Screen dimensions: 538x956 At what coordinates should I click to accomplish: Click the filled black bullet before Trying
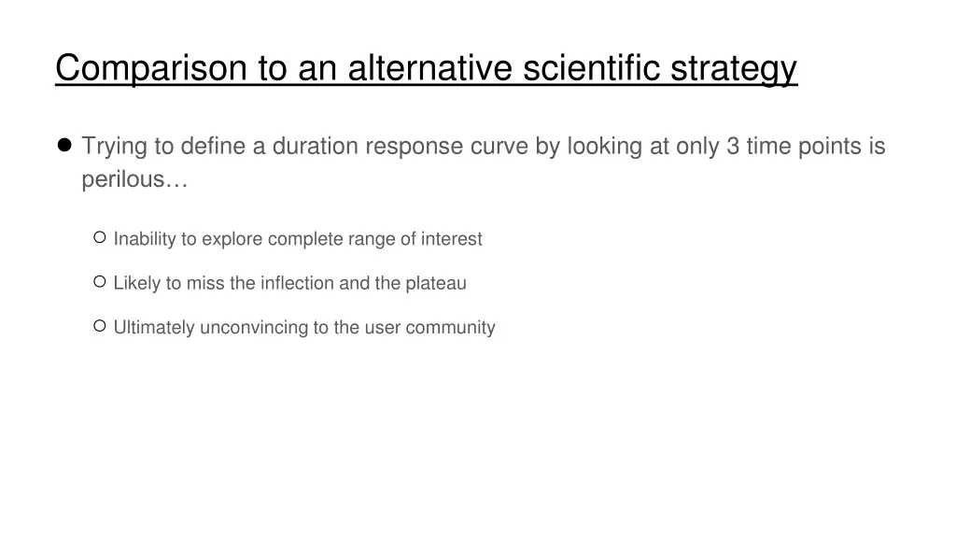pos(64,146)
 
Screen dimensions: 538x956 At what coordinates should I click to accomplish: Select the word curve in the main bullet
pos(500,147)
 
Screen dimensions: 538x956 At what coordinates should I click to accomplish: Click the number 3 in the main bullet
pos(731,147)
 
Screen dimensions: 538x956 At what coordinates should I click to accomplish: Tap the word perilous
pos(134,180)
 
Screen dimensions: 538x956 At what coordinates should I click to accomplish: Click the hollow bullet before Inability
pos(100,238)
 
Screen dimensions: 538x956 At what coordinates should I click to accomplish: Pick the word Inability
pos(144,239)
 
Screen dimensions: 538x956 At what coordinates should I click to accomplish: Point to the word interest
pos(451,239)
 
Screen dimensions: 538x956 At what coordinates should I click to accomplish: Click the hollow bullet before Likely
pos(100,282)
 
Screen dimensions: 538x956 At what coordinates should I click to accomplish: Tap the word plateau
pos(435,283)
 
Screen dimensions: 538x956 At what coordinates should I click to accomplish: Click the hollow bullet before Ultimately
pos(100,326)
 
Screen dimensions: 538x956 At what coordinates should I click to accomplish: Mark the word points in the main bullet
pos(829,147)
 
